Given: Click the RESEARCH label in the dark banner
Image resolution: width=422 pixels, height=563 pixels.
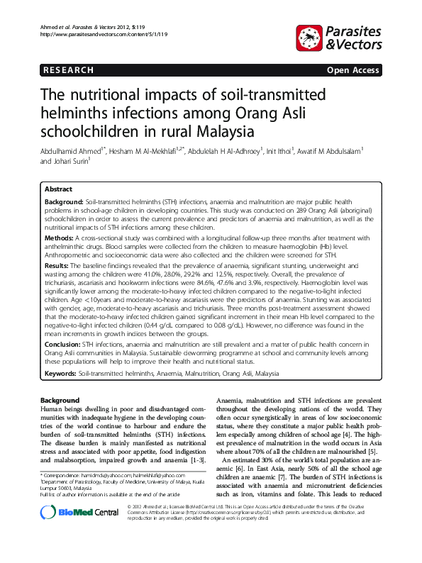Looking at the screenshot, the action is (67, 70).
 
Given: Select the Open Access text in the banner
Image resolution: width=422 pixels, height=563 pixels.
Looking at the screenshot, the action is (353, 70).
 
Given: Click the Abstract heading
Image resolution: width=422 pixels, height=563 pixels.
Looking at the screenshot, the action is (58, 190).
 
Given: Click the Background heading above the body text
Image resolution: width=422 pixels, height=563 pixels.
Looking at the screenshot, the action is (60, 401).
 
